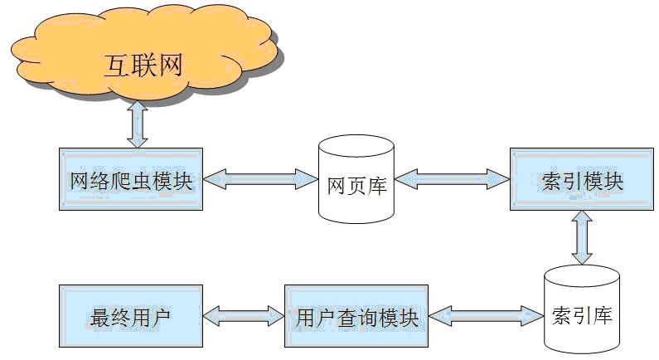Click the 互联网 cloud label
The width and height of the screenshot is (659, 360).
coord(143,66)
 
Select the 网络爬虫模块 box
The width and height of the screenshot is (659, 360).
coord(131,179)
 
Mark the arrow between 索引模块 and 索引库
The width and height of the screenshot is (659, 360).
coord(582,237)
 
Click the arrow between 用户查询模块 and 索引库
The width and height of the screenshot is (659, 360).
coord(486,314)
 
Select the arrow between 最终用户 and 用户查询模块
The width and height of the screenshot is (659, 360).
coord(243,314)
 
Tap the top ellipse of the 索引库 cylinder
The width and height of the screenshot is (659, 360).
coord(581,275)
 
